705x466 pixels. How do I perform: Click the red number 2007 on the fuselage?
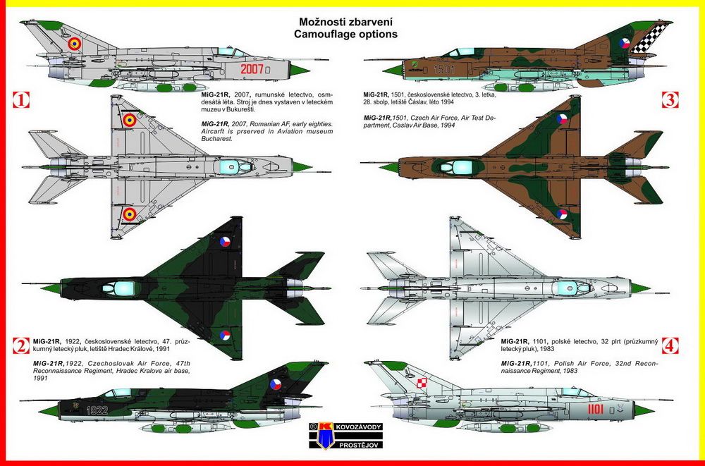pyautogui.click(x=252, y=69)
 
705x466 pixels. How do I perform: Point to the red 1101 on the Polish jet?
pyautogui.click(x=595, y=408)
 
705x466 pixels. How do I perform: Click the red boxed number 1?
pyautogui.click(x=20, y=99)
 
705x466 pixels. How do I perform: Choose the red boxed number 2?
pyautogui.click(x=20, y=345)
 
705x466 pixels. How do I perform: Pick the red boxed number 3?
pyautogui.click(x=670, y=99)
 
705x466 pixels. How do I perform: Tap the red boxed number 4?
pyautogui.click(x=670, y=345)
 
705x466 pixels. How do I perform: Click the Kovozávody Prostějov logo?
pyautogui.click(x=345, y=435)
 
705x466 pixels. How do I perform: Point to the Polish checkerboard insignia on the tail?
pyautogui.click(x=421, y=383)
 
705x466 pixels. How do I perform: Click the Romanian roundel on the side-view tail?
pyautogui.click(x=75, y=44)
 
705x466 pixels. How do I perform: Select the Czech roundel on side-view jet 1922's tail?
pyautogui.click(x=275, y=384)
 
